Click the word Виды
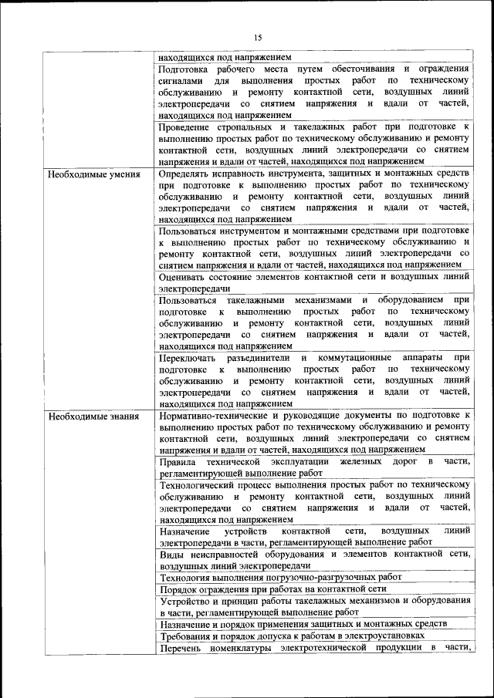[x=170, y=555]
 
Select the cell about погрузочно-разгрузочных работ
[x=281, y=578]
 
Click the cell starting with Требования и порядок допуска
[x=292, y=636]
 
